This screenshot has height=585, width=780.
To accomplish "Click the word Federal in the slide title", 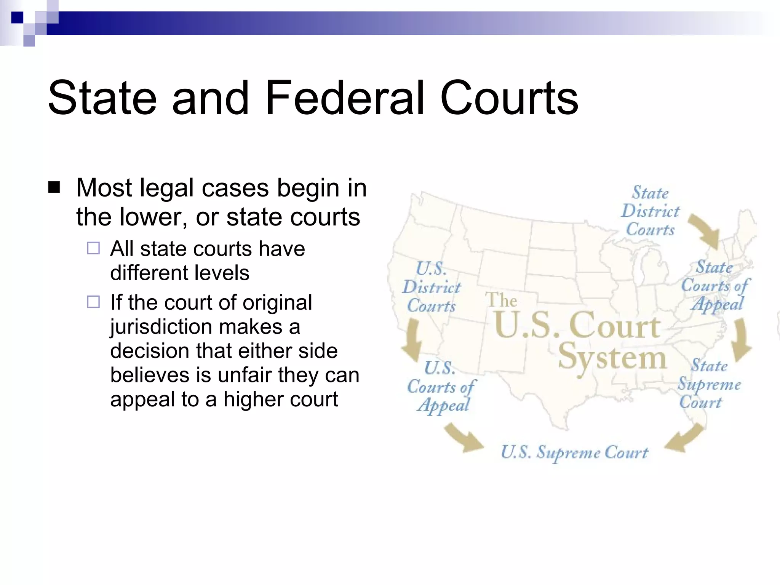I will (344, 98).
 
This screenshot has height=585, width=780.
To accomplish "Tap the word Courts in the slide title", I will (509, 98).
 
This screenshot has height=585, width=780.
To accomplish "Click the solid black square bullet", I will (54, 187).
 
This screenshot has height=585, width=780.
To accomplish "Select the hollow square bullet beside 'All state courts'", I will (93, 248).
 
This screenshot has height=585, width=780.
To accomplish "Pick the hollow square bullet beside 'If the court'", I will (93, 302).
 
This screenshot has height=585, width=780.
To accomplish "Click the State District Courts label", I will (650, 211).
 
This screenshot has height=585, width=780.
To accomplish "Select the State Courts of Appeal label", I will (715, 286).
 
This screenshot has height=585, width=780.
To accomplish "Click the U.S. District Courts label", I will (432, 287).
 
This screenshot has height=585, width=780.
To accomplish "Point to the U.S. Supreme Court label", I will (574, 452).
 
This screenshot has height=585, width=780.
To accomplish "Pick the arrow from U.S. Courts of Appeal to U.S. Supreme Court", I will (462, 438).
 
